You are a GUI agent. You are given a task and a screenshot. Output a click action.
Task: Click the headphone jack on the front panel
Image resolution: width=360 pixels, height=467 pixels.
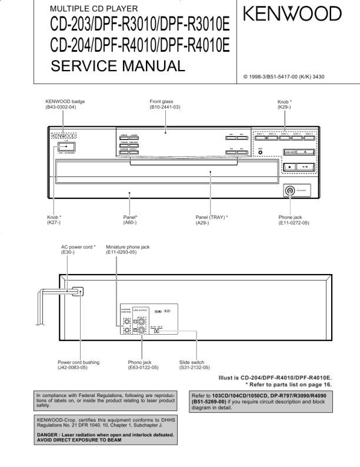pyautogui.click(x=289, y=191)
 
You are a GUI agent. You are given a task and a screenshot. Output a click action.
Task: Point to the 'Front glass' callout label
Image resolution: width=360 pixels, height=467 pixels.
pyautogui.click(x=162, y=102)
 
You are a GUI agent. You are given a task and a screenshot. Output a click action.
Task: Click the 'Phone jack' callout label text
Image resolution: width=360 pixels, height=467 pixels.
pyautogui.click(x=291, y=217)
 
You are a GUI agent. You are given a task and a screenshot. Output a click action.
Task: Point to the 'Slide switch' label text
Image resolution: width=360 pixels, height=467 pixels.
pyautogui.click(x=193, y=362)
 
